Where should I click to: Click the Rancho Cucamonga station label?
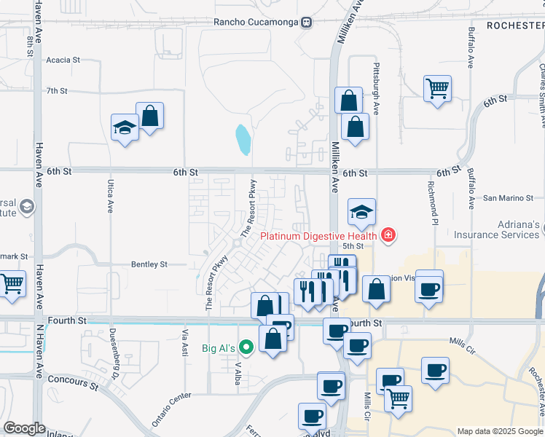pos(256,21)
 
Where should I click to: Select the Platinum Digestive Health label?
pos(319,235)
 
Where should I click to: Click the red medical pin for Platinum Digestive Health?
pos(389,235)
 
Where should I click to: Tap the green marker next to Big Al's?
pos(246,348)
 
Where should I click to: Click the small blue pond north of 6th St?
pos(242,138)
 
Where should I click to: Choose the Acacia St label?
pos(63,60)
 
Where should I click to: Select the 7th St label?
pos(57,91)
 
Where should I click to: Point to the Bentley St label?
pos(149,264)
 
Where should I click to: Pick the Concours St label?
pos(73,379)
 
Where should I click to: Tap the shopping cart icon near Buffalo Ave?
pos(437,89)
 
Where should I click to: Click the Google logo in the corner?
pos(24,428)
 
